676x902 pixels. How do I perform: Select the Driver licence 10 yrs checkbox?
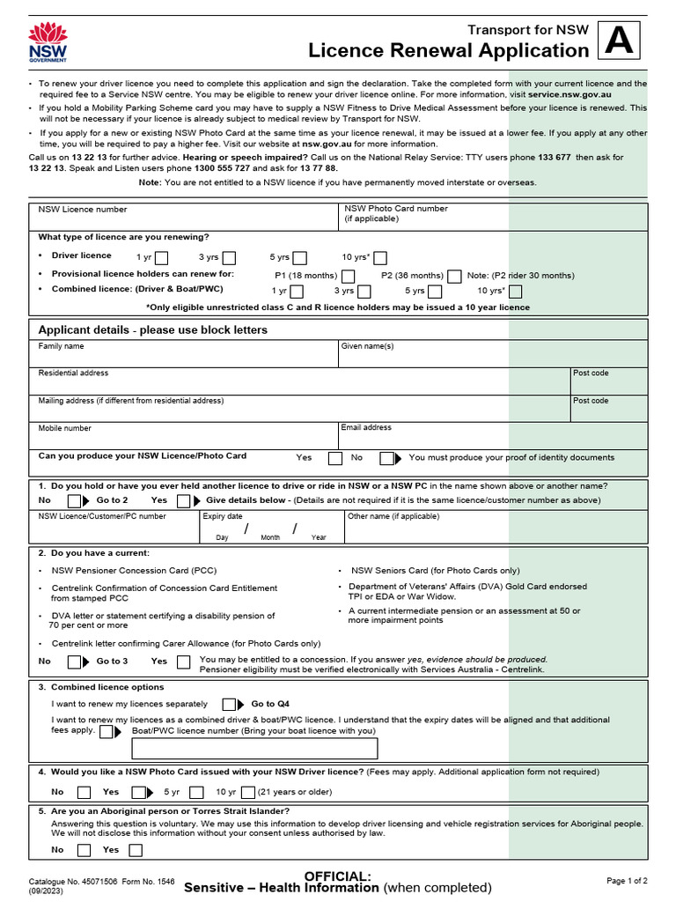point(380,258)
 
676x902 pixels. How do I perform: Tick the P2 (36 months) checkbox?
point(454,276)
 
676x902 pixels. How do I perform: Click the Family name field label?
point(62,347)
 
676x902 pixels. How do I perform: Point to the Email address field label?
point(366,428)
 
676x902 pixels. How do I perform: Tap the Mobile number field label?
point(64,429)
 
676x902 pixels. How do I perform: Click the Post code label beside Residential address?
point(591,373)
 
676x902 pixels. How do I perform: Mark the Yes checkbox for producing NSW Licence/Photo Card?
point(334,458)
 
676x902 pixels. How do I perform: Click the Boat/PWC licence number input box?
point(255,749)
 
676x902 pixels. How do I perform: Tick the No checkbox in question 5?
point(84,850)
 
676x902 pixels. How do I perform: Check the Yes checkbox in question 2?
point(183,662)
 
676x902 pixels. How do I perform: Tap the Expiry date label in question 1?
point(223,517)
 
